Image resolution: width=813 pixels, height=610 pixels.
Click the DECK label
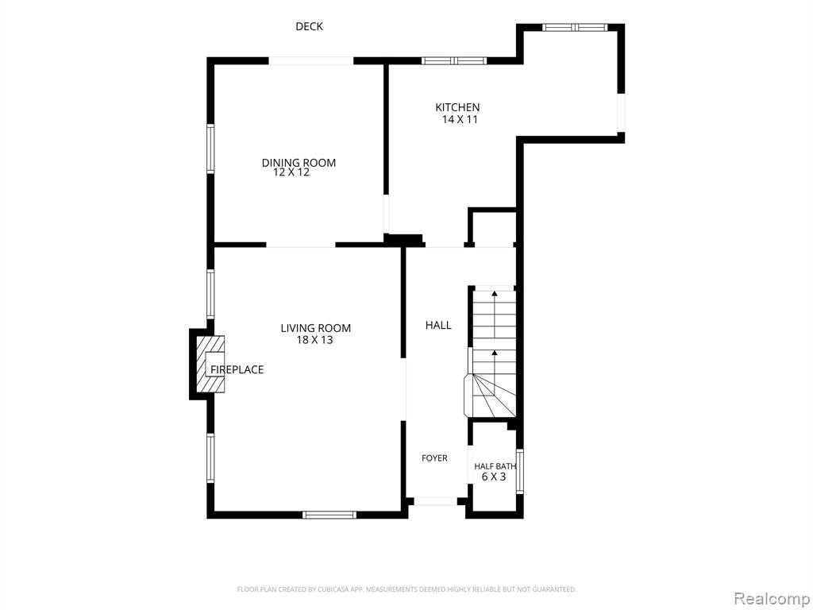click(309, 26)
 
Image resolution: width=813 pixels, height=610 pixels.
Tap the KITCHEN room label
click(457, 107)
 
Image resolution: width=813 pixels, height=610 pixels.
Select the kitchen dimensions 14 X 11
click(460, 119)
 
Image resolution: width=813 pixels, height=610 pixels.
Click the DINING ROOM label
click(299, 162)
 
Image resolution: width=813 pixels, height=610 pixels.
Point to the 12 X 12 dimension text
click(291, 172)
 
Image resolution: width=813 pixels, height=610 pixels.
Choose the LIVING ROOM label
click(316, 328)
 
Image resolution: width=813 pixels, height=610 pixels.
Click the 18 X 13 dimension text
click(314, 340)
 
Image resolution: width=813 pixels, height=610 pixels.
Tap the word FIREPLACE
click(237, 369)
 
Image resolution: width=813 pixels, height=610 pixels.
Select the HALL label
click(438, 325)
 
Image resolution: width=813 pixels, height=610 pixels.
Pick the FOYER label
click(434, 458)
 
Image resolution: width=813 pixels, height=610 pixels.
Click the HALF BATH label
click(495, 466)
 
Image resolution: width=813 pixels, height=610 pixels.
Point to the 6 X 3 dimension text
click(494, 477)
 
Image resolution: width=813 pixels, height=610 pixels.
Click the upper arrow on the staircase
click(495, 315)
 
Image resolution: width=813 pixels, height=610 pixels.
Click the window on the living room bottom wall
click(329, 515)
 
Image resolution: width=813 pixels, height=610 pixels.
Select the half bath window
click(520, 471)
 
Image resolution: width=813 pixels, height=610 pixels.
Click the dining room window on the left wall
click(210, 149)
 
